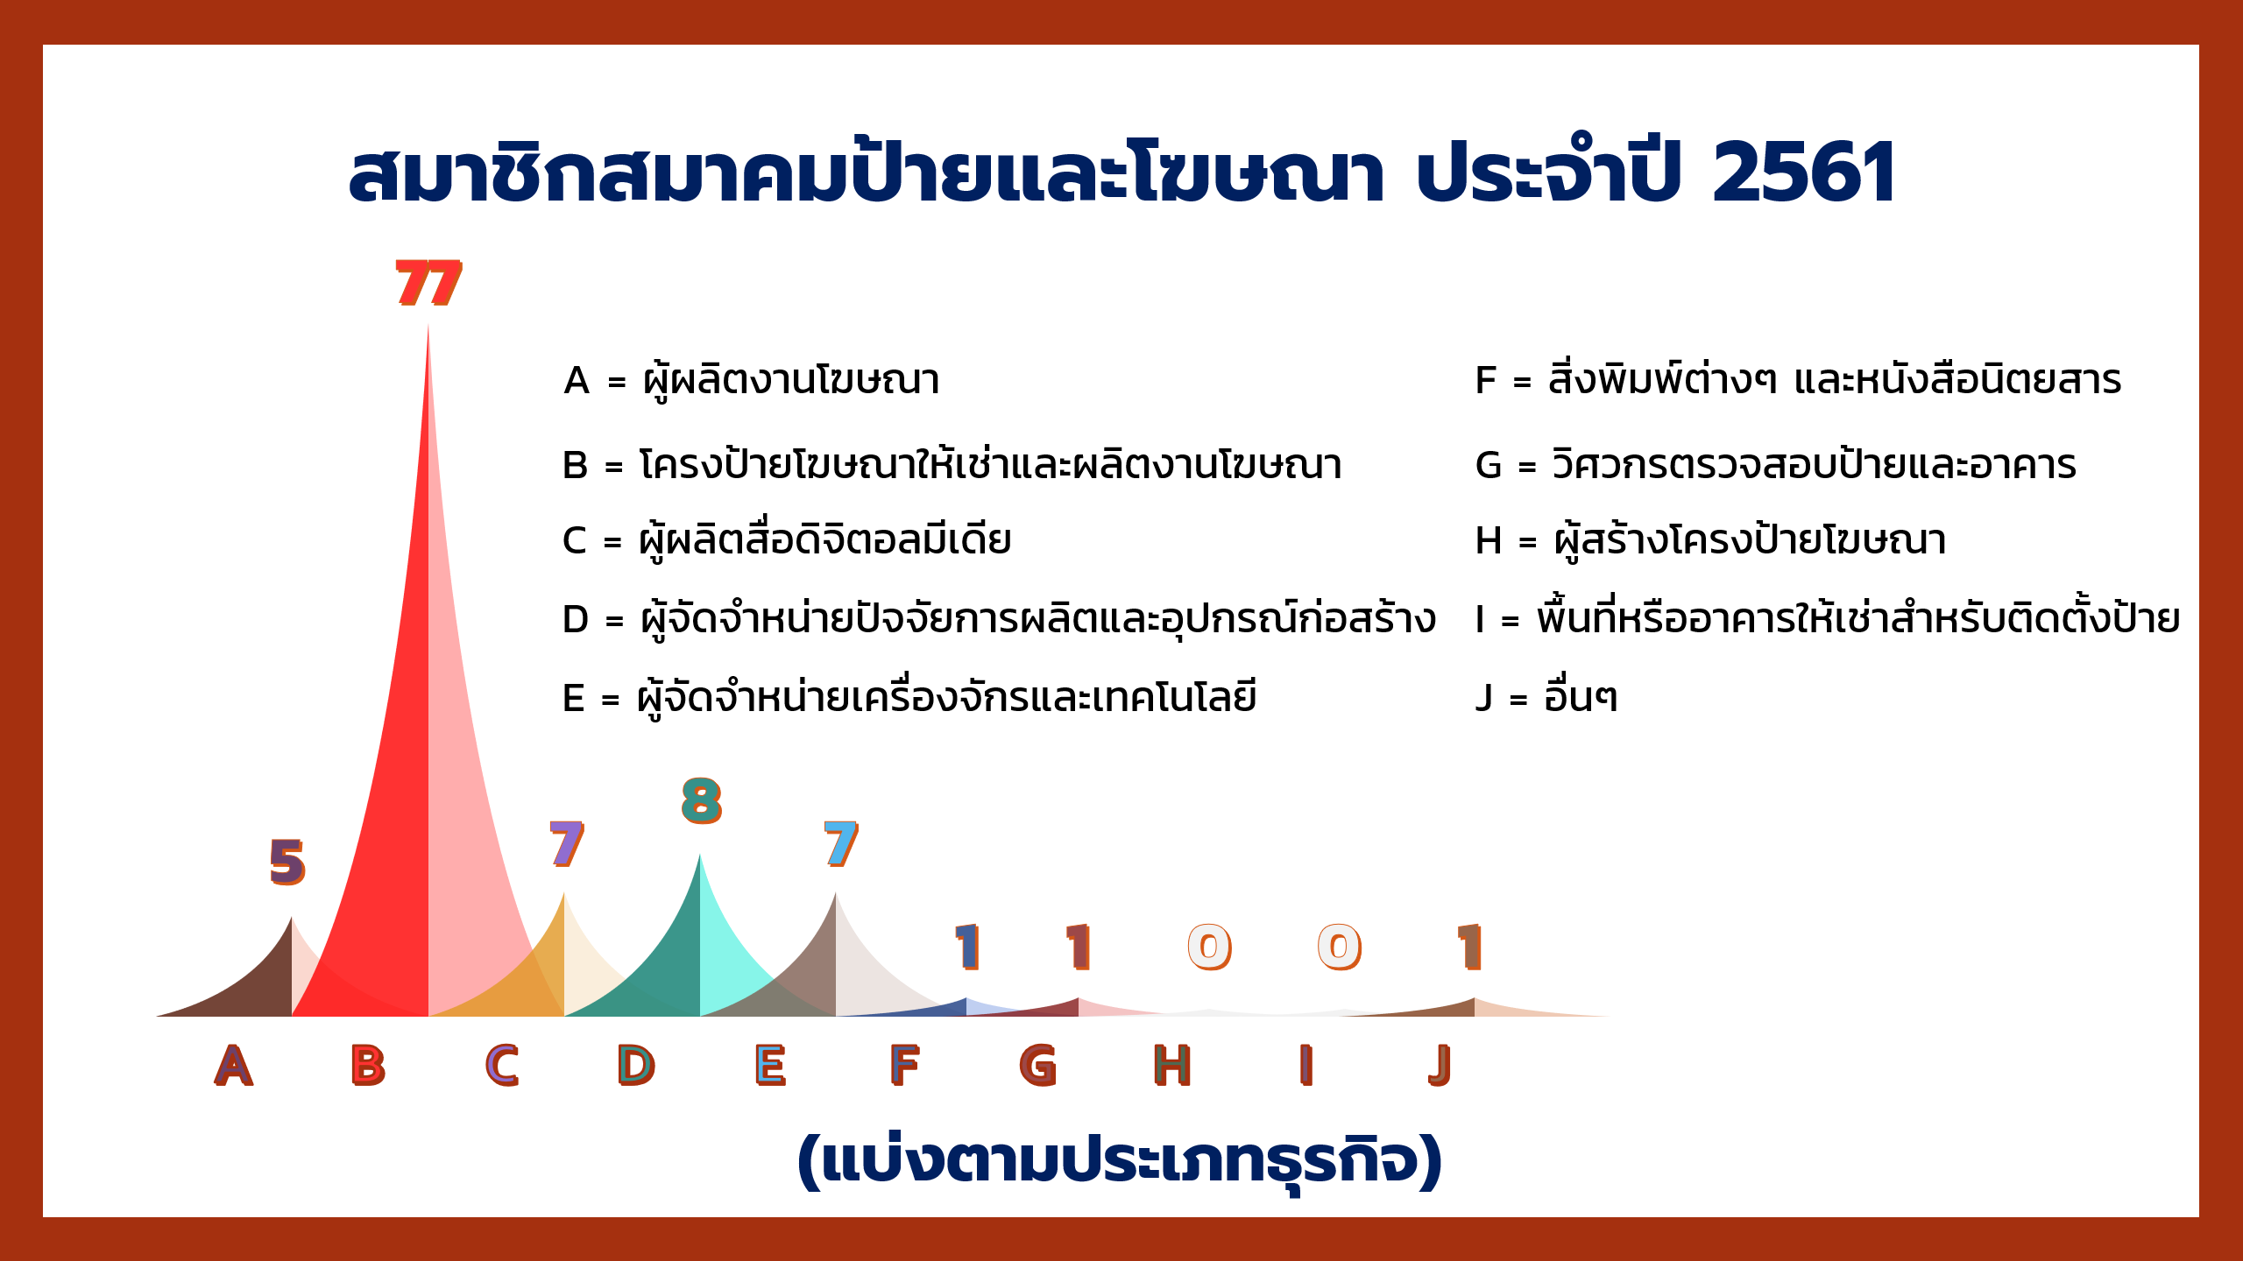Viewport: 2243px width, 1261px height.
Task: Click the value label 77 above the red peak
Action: coord(428,283)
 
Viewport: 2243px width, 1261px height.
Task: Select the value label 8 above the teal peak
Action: coord(702,800)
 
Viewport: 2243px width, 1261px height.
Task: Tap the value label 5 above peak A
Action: coord(287,862)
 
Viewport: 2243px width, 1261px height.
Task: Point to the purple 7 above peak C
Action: coord(567,844)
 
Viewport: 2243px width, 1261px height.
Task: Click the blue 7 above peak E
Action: coord(841,844)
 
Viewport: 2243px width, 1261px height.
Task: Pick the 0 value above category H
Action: coord(1210,947)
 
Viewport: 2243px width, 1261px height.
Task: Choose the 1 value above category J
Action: coord(1469,947)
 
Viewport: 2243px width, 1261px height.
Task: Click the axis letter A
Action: coord(234,1066)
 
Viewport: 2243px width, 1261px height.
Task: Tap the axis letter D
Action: coord(636,1066)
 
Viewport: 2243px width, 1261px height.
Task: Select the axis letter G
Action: coord(1038,1066)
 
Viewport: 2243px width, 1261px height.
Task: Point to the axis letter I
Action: coord(1306,1066)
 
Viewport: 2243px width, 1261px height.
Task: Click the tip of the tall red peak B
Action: coord(428,325)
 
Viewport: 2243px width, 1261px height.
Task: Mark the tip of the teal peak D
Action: coord(699,855)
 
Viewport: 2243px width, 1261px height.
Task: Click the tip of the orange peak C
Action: coord(563,893)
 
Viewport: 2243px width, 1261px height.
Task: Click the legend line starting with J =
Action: coord(1546,697)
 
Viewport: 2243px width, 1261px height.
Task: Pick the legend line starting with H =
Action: coord(1710,539)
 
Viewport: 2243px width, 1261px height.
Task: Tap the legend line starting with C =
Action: coord(787,539)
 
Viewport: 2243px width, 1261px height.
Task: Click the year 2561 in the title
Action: coord(1804,173)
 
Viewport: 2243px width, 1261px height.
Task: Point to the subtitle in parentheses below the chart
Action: coord(1119,1160)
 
